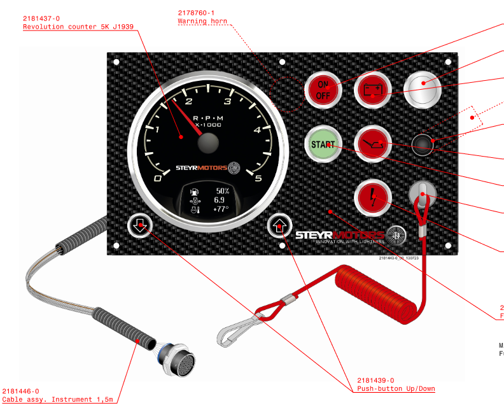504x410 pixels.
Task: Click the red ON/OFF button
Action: tap(323, 90)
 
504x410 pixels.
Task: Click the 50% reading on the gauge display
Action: tap(222, 191)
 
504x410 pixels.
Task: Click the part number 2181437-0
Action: tap(41, 18)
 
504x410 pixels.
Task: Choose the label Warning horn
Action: tap(200, 22)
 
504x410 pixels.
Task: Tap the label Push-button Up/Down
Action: tap(396, 388)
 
